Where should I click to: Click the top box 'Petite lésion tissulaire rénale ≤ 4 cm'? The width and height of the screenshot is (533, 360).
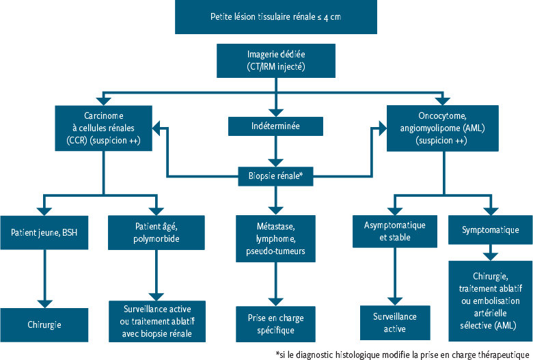tap(276, 16)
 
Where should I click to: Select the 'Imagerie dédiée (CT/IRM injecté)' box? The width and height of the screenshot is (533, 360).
tap(276, 61)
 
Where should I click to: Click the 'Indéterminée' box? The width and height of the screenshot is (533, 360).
tap(276, 126)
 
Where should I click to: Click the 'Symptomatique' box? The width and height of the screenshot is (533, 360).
tap(490, 230)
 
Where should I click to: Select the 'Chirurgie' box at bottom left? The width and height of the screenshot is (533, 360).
tap(45, 324)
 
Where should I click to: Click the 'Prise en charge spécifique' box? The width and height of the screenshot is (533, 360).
tap(276, 324)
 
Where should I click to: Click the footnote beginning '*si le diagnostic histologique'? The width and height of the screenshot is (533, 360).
tap(403, 354)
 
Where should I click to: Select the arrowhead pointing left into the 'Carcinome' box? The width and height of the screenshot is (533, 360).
tap(156, 126)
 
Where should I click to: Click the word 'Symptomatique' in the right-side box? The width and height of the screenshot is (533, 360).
tap(490, 230)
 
